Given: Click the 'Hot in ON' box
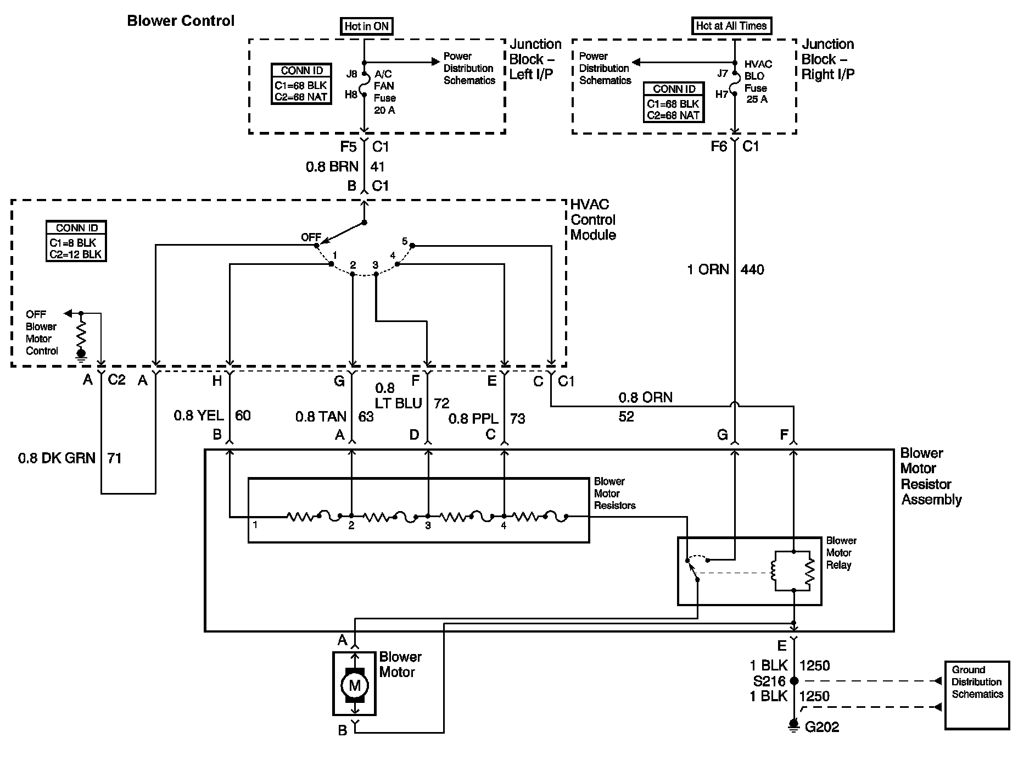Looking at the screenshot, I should [x=367, y=26].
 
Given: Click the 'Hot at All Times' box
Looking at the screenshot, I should [x=731, y=25].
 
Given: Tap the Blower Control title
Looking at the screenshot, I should [x=181, y=21].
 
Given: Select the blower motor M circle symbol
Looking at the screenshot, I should [x=354, y=685].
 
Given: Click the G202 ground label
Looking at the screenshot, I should [x=822, y=727].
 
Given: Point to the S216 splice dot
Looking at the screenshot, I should [x=793, y=681].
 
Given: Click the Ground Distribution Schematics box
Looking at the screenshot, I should [x=977, y=695].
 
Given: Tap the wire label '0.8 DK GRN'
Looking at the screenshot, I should [x=57, y=458].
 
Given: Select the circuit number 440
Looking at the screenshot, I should [x=752, y=269].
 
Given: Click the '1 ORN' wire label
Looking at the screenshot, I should [x=708, y=269].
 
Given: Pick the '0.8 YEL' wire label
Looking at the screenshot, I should [x=199, y=415].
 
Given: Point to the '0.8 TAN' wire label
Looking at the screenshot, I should [x=321, y=417].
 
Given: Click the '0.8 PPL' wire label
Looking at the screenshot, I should [x=473, y=419].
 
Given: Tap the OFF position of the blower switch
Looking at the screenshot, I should [x=311, y=237].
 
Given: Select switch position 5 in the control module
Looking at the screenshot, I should [x=405, y=241].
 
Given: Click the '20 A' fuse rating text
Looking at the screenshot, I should [x=384, y=110].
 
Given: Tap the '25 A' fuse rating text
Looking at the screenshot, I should [x=757, y=99].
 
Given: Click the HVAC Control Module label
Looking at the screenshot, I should [x=593, y=219].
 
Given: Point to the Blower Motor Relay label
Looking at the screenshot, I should [x=841, y=552].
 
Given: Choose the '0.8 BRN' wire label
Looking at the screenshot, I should [x=332, y=167].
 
